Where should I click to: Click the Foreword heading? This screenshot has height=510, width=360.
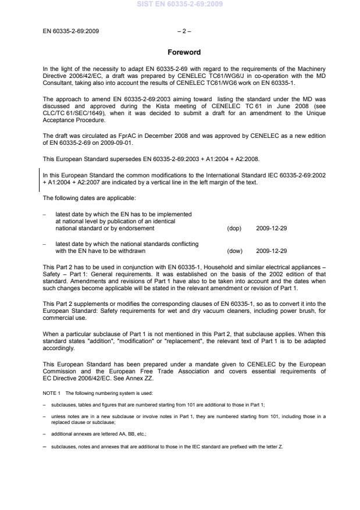[x=184, y=52]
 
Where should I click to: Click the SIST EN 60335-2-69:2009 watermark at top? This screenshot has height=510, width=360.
[x=179, y=5]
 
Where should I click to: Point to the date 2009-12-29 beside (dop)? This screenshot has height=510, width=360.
[x=271, y=228]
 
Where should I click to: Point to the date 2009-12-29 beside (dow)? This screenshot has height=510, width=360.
[x=271, y=251]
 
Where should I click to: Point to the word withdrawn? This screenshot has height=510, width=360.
[x=133, y=251]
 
